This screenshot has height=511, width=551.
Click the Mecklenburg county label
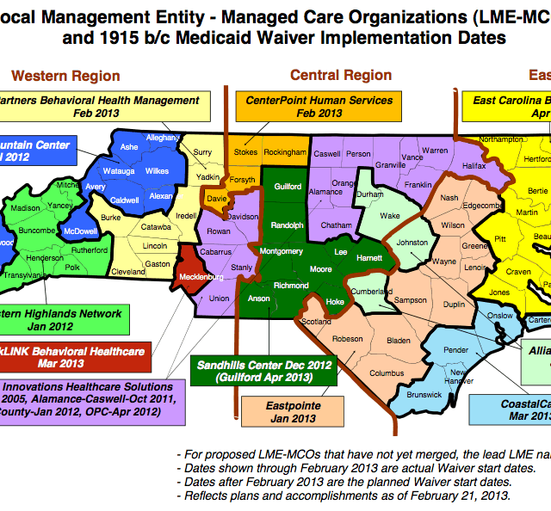click(201, 278)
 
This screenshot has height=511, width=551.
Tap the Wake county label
click(390, 216)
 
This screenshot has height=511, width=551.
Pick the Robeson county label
click(347, 339)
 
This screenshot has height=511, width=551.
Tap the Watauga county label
click(119, 170)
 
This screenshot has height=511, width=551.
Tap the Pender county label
click(456, 350)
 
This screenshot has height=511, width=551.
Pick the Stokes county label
click(245, 151)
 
